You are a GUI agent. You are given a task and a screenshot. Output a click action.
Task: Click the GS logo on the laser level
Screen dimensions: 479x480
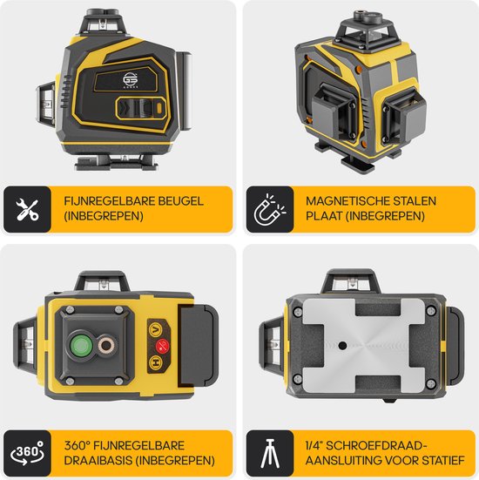coord(131,80)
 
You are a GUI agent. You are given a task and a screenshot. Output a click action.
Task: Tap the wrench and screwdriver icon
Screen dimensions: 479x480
coord(27,209)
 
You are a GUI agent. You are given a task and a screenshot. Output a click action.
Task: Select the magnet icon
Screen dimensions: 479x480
coord(269,209)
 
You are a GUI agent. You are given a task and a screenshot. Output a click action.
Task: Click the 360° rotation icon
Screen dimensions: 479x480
coord(27,453)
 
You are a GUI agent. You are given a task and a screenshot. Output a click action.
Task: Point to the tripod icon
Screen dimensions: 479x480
coord(270,453)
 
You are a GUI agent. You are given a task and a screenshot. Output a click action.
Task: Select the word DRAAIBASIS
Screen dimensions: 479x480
coord(98,461)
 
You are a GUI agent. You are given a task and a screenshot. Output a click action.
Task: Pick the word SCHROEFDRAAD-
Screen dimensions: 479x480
coord(376,446)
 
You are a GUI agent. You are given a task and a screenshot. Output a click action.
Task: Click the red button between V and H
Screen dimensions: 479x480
coord(162,346)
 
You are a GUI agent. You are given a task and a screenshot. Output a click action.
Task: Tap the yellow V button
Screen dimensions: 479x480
coord(156,329)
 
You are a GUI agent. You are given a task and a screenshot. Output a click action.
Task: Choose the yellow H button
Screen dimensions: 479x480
coord(156,362)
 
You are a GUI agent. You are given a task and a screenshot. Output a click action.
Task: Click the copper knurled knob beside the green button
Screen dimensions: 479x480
coord(106,346)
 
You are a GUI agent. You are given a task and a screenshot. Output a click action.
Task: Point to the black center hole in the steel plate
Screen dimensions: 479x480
coord(342,346)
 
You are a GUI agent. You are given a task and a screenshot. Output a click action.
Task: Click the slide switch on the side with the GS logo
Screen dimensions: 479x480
coord(142,109)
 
